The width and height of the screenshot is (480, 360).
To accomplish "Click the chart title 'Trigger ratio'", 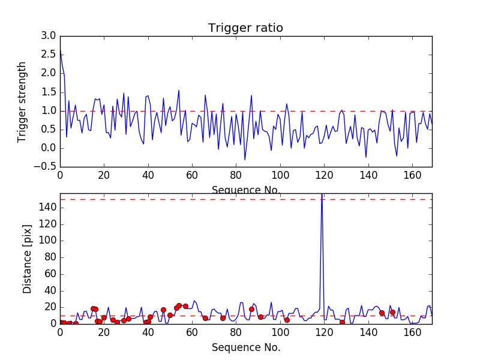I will click(245, 28).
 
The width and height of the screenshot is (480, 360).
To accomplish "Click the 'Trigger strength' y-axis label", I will click(22, 102).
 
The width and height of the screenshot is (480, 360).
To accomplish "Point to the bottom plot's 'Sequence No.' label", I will click(245, 347).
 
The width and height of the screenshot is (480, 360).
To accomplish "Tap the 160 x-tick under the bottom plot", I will click(410, 332).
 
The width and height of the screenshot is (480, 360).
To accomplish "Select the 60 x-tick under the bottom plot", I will click(192, 332).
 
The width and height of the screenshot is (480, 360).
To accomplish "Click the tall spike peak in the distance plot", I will click(322, 195).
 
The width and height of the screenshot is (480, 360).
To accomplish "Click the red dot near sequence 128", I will click(342, 322).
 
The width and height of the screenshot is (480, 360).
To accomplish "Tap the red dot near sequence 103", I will click(287, 320).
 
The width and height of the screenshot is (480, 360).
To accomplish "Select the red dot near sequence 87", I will click(251, 309).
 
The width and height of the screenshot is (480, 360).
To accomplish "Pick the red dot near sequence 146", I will click(382, 313).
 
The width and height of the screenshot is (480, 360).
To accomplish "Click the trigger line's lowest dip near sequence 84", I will click(245, 160).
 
